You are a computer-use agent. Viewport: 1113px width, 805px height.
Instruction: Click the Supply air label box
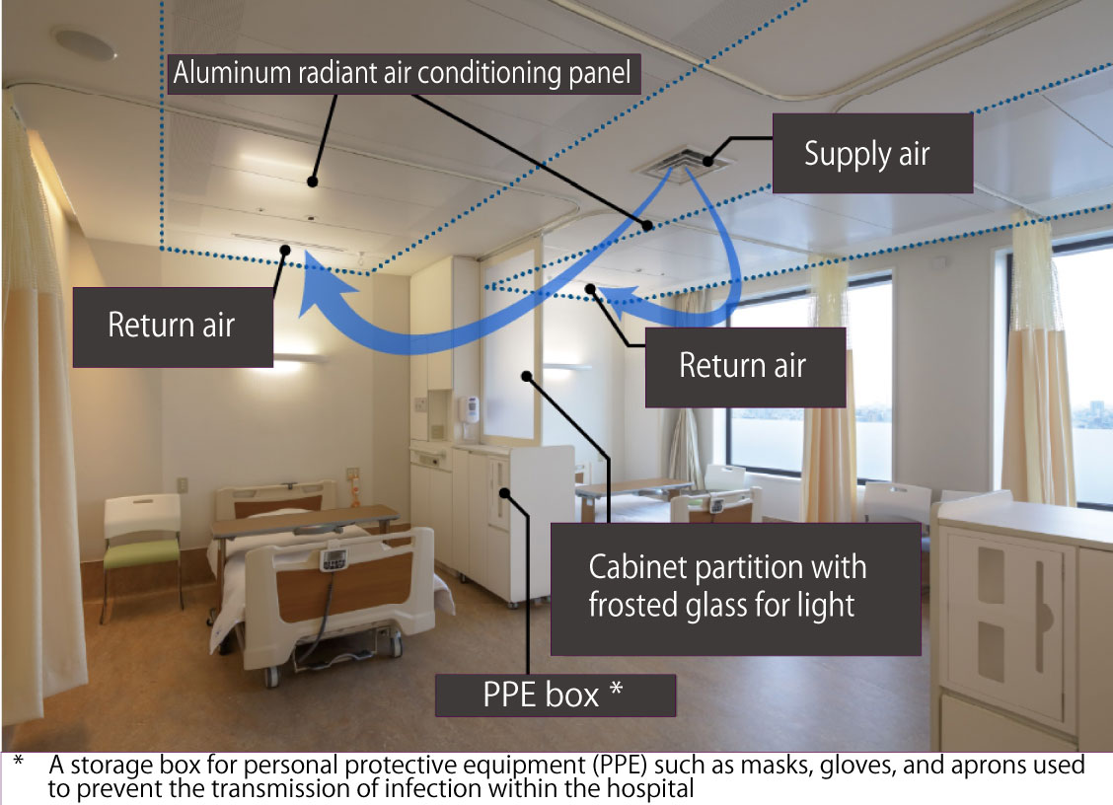click(866, 155)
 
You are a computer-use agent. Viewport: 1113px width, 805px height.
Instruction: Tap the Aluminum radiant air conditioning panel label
click(403, 73)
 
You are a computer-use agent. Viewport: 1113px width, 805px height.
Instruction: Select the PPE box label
click(554, 695)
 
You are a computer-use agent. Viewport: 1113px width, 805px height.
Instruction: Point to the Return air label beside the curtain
click(172, 326)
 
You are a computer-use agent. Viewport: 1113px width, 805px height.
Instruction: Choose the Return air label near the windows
click(743, 366)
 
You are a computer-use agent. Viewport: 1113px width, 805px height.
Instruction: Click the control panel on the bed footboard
click(334, 559)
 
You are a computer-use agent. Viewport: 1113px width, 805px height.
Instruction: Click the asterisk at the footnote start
click(18, 764)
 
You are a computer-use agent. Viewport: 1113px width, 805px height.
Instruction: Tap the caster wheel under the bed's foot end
click(269, 676)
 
